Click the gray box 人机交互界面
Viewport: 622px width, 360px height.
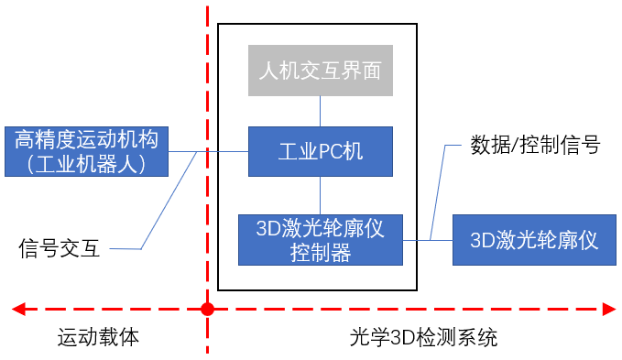[x=320, y=70]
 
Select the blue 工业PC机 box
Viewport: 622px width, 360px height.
[x=320, y=151]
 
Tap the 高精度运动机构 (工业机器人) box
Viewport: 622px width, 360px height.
[x=87, y=151]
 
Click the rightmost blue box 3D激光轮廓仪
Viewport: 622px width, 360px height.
[x=534, y=241]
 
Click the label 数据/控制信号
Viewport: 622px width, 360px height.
[x=535, y=145]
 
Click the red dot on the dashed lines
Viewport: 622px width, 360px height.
[x=208, y=309]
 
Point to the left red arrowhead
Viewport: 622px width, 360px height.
[x=17, y=309]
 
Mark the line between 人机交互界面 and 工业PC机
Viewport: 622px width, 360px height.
[x=320, y=112]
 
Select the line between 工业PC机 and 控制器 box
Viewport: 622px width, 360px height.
[x=320, y=195]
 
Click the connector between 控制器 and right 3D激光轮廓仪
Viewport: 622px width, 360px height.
[x=428, y=241]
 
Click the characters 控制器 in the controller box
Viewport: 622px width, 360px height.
[x=320, y=253]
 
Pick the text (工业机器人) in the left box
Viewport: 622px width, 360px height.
[x=87, y=164]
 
